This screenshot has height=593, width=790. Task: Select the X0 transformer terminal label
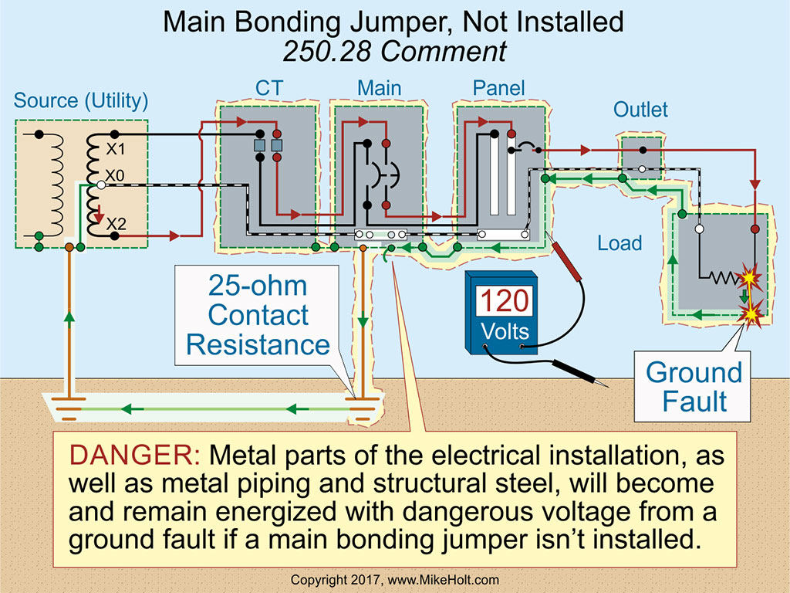115,176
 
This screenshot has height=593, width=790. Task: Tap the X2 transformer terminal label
116,224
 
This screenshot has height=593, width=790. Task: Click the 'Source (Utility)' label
81,100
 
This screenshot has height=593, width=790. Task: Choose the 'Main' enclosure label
379,88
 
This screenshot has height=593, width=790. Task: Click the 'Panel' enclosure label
498,88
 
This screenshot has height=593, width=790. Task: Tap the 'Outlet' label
640,110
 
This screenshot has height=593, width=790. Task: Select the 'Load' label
620,243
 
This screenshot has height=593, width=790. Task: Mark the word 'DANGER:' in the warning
136,456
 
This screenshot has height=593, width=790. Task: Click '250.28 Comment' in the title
394,51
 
